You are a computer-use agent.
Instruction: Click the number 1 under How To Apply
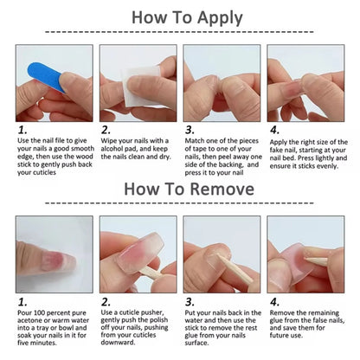21,130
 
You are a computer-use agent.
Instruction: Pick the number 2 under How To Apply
106,130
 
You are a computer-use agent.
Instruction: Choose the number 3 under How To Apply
190,130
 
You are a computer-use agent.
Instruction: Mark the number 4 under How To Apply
274,130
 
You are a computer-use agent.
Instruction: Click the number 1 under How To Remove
21,302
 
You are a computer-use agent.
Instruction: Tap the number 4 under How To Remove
274,302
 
